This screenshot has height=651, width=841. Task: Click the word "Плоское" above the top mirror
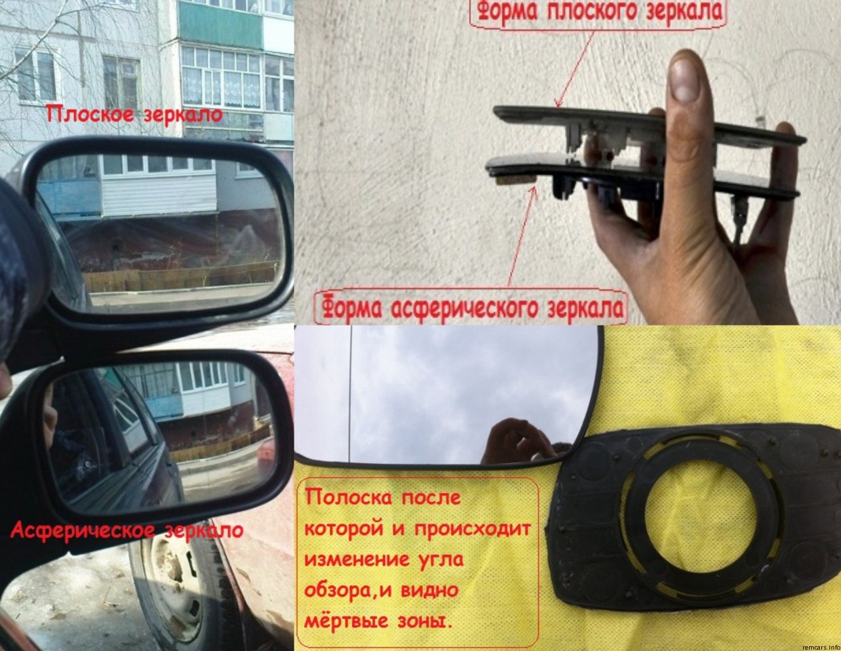[90, 115]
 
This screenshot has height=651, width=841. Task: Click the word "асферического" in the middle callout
[465, 309]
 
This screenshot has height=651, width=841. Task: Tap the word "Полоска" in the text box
[347, 498]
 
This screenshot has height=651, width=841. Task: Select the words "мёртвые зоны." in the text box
[378, 621]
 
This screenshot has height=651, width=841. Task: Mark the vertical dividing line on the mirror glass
[351, 394]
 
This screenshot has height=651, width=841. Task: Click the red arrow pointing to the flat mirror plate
[575, 68]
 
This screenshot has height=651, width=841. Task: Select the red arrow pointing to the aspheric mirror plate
[522, 237]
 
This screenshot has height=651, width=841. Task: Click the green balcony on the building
[221, 24]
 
